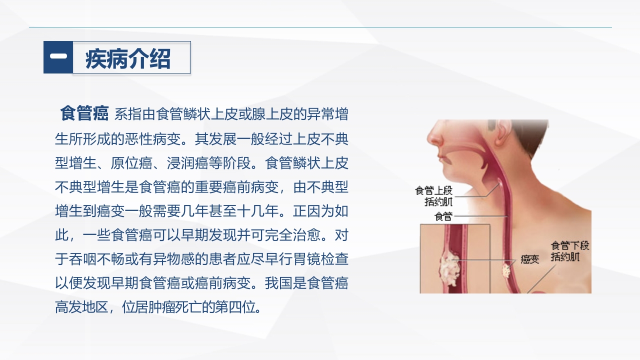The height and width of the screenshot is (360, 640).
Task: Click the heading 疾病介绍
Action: click(128, 58)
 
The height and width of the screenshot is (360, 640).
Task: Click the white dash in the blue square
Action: click(58, 56)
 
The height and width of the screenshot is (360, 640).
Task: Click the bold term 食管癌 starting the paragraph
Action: click(84, 113)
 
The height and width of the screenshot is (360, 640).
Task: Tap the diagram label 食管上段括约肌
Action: click(434, 196)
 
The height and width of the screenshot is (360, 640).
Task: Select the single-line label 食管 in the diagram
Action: click(443, 216)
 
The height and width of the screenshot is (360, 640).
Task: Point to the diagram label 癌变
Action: click(529, 259)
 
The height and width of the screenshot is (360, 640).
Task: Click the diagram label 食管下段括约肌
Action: click(569, 251)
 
